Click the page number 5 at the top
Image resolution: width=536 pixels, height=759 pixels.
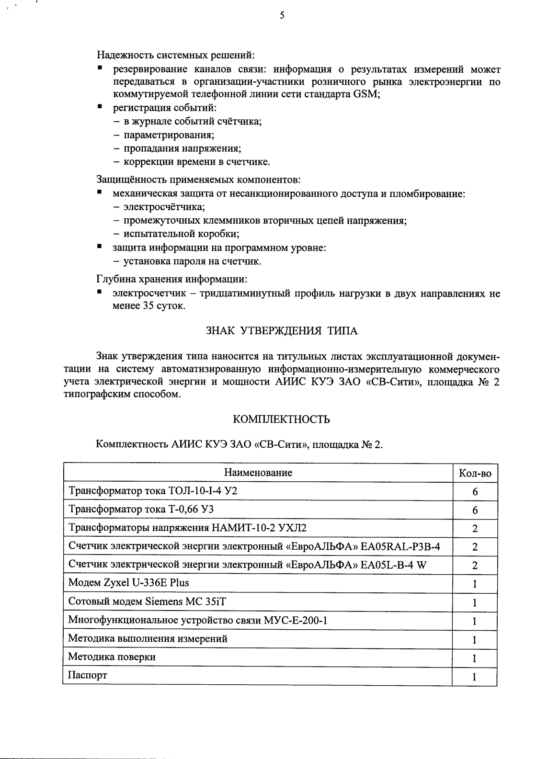[282, 15]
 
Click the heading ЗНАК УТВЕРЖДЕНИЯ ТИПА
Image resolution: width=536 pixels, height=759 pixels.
[282, 331]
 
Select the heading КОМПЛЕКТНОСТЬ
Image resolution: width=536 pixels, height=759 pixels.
[281, 419]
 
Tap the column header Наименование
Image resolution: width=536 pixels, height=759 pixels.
[258, 473]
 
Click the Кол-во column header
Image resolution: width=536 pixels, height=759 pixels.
[475, 474]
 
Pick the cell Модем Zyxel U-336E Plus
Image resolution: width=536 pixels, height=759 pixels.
[129, 583]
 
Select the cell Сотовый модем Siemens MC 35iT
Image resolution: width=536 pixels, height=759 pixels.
[147, 601]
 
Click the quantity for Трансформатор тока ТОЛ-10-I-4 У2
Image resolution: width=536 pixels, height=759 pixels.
[475, 492]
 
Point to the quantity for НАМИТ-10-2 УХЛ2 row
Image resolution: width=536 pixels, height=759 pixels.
[475, 529]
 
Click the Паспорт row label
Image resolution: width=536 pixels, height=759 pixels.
[88, 675]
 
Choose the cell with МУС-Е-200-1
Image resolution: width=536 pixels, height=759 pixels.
[198, 620]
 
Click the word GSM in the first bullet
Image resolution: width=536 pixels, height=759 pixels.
[366, 94]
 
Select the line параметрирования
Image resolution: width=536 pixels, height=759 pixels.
[169, 135]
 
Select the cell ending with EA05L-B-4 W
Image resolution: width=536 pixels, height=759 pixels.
[247, 565]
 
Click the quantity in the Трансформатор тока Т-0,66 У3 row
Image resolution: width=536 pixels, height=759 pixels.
[475, 510]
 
